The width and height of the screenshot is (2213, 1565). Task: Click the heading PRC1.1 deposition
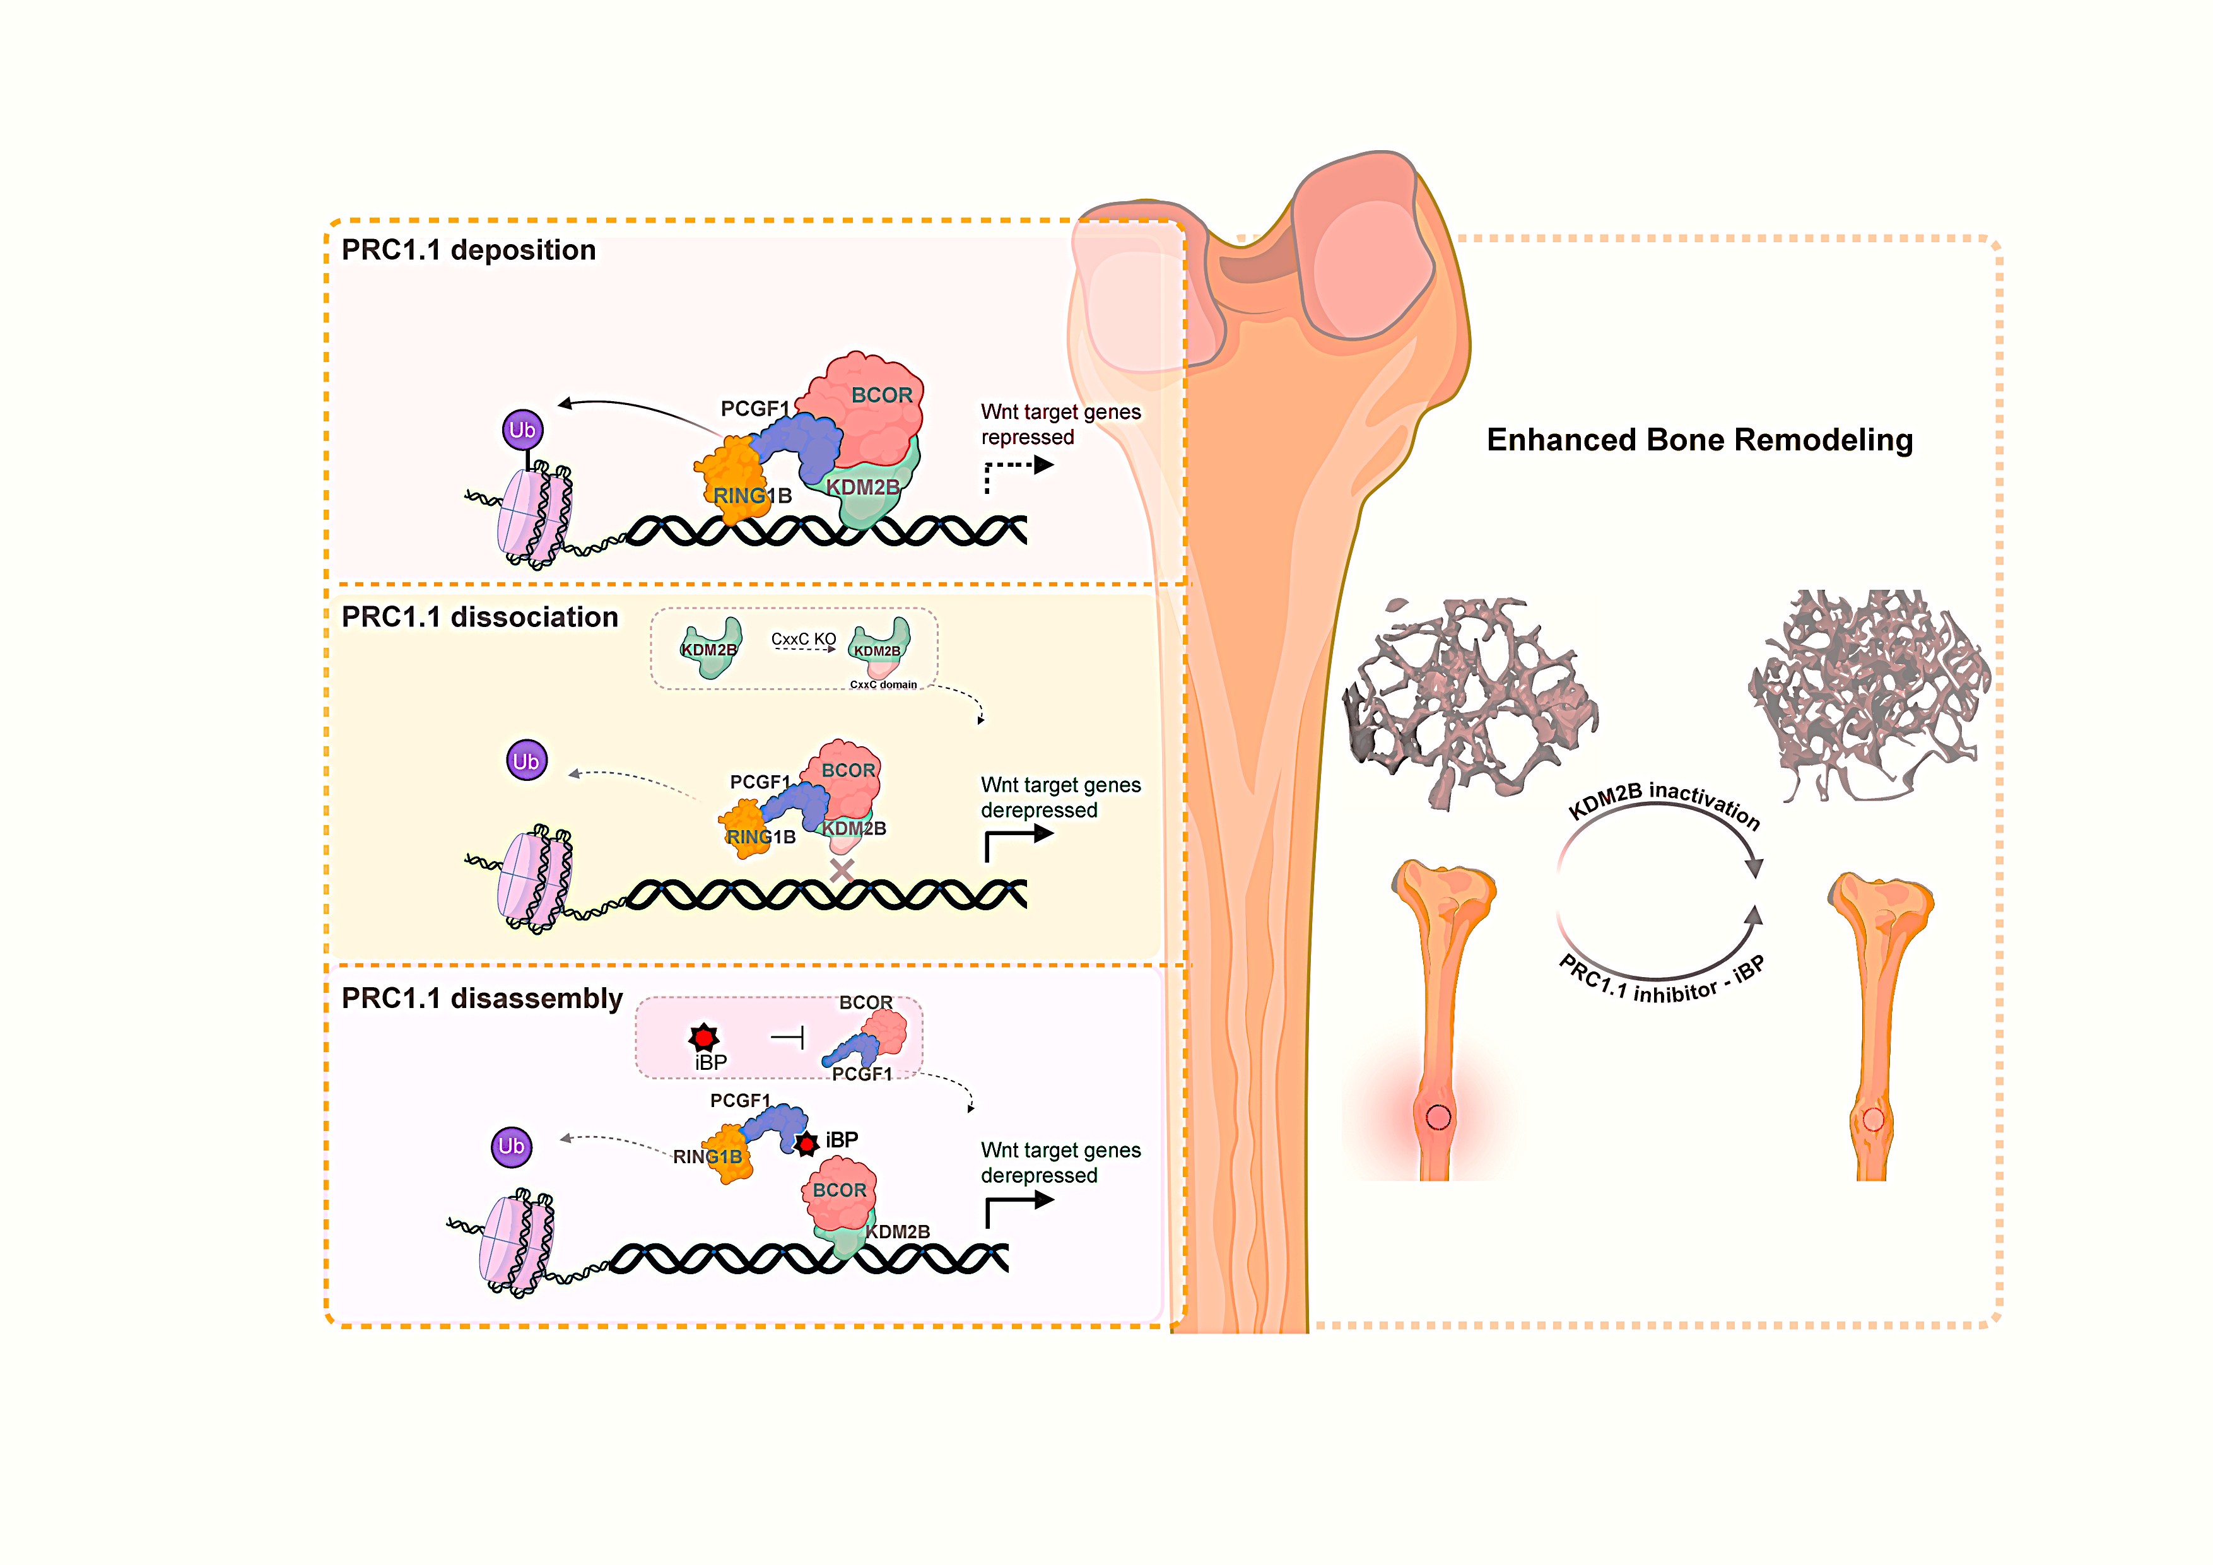tap(469, 250)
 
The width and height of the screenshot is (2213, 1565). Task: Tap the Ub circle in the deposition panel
tap(522, 430)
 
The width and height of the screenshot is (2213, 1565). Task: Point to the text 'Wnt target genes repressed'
tap(1060, 424)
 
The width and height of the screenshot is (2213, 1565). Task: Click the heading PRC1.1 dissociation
tap(479, 617)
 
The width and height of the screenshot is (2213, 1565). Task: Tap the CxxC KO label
tap(803, 639)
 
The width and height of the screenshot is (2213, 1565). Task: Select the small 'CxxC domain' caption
tap(883, 684)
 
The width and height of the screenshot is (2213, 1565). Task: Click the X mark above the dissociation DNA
tap(842, 870)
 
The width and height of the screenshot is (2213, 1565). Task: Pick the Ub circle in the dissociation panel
tap(526, 761)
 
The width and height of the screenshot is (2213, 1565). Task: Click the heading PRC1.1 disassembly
tap(482, 999)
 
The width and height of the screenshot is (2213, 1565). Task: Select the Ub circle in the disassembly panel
tap(512, 1147)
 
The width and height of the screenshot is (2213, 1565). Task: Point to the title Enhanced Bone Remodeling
tap(1699, 440)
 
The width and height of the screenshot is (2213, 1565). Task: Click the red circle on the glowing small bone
tap(1438, 1117)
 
